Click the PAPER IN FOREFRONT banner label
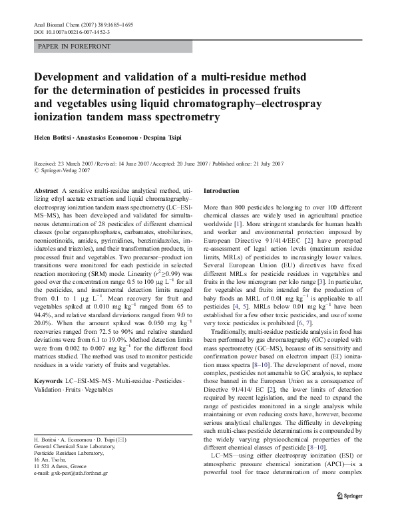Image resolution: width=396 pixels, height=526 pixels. pyautogui.click(x=75, y=47)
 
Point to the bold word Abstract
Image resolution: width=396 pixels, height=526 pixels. pyautogui.click(x=45, y=191)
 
